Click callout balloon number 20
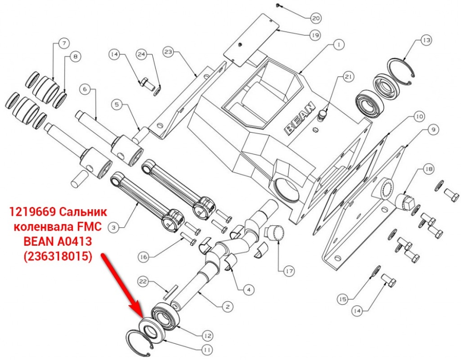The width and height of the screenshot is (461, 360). pos(316,18)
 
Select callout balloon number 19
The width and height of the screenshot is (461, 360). pos(315,35)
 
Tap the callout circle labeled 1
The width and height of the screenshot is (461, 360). pos(339,45)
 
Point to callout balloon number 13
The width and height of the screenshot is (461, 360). pos(426,40)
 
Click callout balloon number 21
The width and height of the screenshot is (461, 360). pos(349,77)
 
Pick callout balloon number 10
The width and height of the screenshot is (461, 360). pos(419,116)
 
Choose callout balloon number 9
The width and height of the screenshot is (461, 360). pos(433,130)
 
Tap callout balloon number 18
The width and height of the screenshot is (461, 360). pos(429,169)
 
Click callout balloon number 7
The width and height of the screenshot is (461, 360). pos(64,43)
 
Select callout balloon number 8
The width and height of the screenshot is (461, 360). pos(75,56)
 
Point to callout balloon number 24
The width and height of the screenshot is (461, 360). pos(142,54)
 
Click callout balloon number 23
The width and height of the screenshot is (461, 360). pos(168,52)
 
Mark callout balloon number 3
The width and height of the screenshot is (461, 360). pos(114,227)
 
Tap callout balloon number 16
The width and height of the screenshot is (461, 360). pos(143,257)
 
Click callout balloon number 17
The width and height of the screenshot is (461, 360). pos(289,271)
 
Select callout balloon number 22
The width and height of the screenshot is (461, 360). pos(143,282)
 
